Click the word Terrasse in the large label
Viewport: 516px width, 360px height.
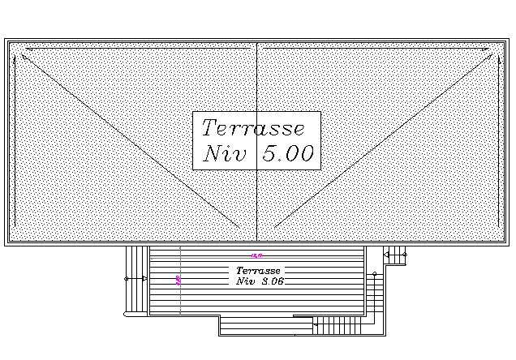click(252, 128)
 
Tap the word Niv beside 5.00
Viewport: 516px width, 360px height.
click(223, 154)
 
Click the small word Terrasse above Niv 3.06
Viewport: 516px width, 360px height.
click(258, 270)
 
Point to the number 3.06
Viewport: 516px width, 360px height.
click(273, 281)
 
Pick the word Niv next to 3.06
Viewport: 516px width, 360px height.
click(246, 281)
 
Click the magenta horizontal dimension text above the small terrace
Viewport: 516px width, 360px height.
click(256, 256)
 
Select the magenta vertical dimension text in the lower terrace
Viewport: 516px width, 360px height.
click(178, 281)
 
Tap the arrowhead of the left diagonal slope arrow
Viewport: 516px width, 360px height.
click(24, 56)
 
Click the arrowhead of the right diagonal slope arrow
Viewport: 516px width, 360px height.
click(492, 56)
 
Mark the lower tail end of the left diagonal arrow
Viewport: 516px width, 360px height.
click(240, 228)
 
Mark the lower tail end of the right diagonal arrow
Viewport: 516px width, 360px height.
click(274, 228)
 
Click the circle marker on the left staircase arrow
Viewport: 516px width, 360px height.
click(127, 278)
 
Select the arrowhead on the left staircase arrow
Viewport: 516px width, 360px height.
click(144, 278)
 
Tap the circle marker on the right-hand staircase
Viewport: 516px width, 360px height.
click(374, 274)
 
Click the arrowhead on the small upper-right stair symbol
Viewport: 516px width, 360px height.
click(386, 255)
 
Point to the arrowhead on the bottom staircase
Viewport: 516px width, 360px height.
click(314, 325)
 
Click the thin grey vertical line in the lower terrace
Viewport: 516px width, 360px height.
click(180, 300)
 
